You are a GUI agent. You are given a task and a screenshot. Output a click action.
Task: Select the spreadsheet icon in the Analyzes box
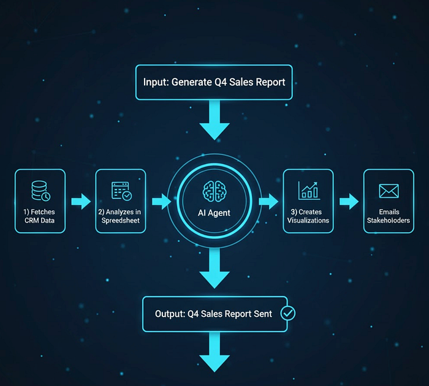click(x=121, y=191)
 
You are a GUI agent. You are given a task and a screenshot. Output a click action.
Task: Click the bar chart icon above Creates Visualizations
click(x=308, y=190)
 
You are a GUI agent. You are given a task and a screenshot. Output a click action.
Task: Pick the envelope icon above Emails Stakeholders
click(x=389, y=191)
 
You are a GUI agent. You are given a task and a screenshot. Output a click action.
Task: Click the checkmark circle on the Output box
click(x=287, y=313)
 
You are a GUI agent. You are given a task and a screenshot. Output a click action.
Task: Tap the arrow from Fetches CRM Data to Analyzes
click(x=80, y=201)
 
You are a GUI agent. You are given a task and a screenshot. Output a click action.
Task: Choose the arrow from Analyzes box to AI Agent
click(x=160, y=201)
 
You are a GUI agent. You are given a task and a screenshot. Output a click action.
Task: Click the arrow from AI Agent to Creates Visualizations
click(x=268, y=201)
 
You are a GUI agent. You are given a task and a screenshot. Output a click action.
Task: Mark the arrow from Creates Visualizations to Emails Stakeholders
click(x=348, y=201)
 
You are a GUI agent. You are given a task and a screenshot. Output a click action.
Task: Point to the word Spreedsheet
click(x=121, y=221)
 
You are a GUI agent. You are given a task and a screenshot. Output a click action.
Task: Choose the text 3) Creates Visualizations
click(x=308, y=216)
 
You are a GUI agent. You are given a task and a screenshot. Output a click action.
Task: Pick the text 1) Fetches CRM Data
click(x=40, y=216)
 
